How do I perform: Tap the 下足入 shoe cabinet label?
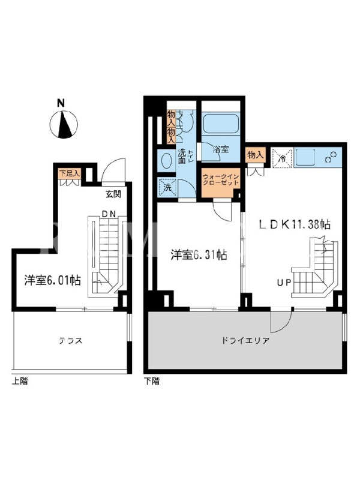coord(70,173)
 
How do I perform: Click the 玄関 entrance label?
coord(113,194)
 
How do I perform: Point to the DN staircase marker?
coord(109,214)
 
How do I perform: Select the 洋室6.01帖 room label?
coord(53,280)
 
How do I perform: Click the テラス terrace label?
coord(71,340)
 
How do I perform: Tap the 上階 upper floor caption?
coord(20,381)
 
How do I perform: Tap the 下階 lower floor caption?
coord(152,381)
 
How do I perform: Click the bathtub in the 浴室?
coord(220,124)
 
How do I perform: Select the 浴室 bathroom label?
coord(221,149)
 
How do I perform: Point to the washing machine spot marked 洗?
coord(167,187)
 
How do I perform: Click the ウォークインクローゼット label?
coord(221,180)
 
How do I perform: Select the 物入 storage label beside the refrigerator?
coord(256,155)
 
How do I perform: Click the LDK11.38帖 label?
coord(295,224)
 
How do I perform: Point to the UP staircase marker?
coord(284,283)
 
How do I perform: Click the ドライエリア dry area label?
coord(245,340)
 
